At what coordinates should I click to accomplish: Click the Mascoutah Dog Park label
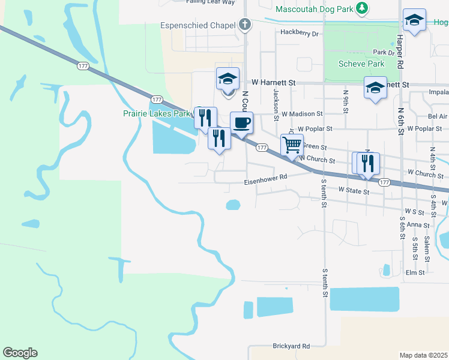click(314, 9)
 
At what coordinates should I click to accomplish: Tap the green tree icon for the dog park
click(361, 8)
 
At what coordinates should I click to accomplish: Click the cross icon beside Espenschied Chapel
click(244, 25)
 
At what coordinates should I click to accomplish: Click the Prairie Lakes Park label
click(156, 113)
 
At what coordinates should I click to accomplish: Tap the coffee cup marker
click(241, 122)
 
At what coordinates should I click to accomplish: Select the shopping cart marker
click(292, 145)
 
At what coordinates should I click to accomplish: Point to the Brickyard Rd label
click(291, 346)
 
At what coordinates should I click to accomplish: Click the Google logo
click(20, 353)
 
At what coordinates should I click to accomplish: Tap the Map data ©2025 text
click(424, 355)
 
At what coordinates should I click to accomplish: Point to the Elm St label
click(415, 272)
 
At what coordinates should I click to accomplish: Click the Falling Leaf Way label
click(210, 2)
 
